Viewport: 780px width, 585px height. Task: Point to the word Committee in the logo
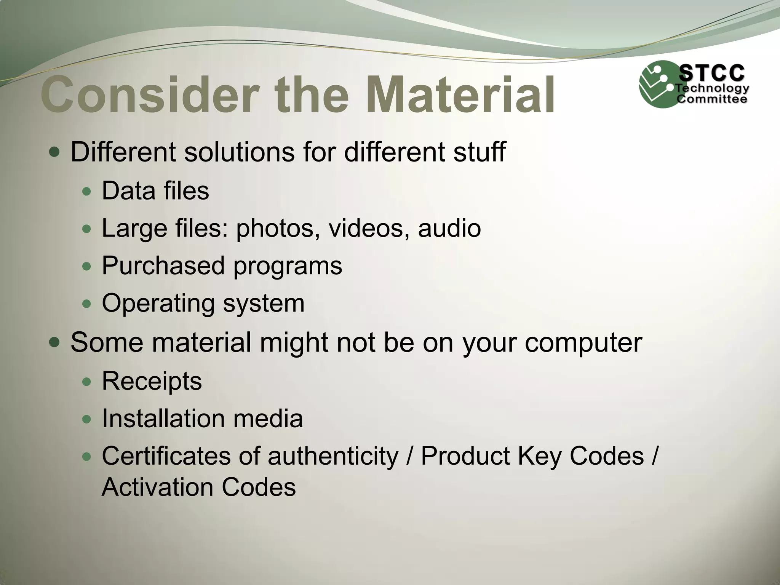click(711, 99)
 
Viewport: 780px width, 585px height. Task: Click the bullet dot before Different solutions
click(54, 153)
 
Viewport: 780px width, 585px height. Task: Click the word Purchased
click(163, 265)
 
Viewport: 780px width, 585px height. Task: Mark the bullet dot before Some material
click(54, 342)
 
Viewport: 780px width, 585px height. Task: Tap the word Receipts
click(152, 381)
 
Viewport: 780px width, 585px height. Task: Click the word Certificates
click(166, 456)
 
